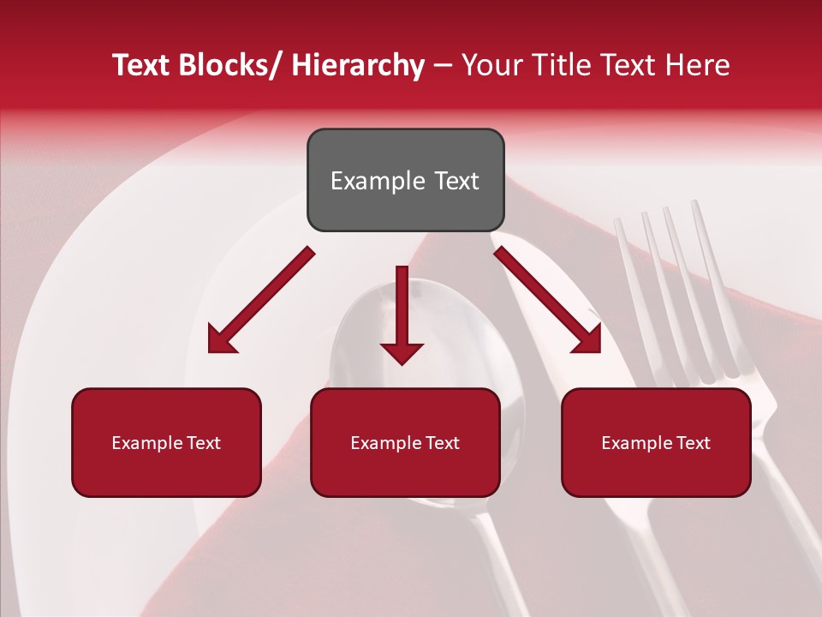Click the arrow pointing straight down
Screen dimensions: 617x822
(402, 317)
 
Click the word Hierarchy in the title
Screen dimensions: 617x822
(358, 66)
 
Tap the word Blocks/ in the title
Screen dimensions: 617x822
(232, 66)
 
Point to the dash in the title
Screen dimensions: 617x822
(443, 66)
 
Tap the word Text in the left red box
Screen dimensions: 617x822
(201, 443)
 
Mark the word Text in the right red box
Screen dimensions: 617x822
(691, 443)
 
